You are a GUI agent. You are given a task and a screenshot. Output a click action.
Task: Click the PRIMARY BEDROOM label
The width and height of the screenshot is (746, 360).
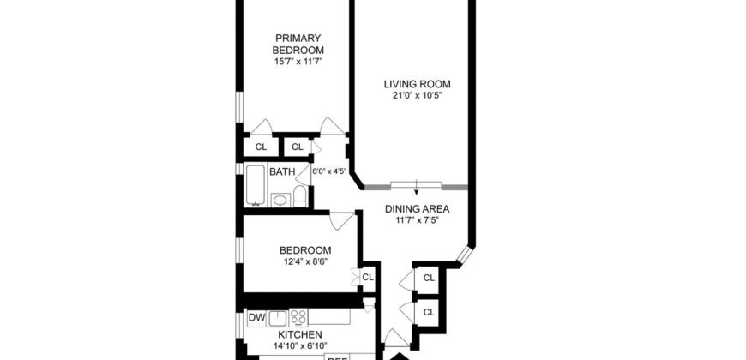coord(298,43)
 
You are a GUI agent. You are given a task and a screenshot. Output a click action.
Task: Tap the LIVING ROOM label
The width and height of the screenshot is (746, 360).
coord(416,83)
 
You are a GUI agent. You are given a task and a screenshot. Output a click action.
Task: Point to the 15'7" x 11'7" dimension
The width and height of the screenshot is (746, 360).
coord(298,62)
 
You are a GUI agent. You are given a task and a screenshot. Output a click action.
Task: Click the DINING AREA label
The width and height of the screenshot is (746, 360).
coord(417,208)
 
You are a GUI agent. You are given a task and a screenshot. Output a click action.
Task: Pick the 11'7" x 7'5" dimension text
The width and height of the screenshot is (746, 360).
coord(417,220)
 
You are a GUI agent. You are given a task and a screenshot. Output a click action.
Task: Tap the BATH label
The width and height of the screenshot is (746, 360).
coord(282,172)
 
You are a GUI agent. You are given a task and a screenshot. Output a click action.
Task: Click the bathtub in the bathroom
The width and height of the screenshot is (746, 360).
coord(256,185)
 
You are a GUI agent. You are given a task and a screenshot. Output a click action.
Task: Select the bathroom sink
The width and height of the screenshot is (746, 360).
coord(280,201)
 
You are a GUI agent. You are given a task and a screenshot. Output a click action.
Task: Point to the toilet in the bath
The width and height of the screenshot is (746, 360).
coord(300,197)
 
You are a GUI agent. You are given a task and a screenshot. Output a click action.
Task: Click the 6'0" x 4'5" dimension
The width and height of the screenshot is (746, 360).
coord(329,171)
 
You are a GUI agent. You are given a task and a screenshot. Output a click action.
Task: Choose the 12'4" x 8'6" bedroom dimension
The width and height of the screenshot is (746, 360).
coord(298,261)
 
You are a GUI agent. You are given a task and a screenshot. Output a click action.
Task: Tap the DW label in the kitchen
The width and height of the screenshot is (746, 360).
coord(256,318)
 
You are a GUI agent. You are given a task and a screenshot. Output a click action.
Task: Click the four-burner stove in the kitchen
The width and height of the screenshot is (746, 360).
coord(299,317)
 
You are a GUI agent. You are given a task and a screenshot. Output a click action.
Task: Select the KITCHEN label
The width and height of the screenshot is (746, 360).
coord(298,334)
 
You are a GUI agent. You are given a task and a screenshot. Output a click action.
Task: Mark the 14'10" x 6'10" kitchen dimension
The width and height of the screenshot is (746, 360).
coord(298,346)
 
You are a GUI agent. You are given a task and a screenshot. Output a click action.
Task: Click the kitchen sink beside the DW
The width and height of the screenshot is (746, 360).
coord(277,318)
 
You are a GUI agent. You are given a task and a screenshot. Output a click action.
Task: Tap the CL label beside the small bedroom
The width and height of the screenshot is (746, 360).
coord(368,277)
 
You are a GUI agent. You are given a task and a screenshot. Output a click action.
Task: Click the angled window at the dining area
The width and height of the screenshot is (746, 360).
coord(465,255)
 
